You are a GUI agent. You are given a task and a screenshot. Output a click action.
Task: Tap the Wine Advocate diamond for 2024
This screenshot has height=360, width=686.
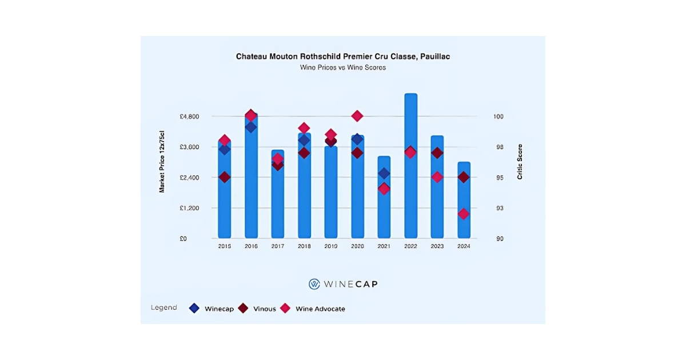(464, 214)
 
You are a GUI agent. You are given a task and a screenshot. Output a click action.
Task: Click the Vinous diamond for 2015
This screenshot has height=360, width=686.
(225, 177)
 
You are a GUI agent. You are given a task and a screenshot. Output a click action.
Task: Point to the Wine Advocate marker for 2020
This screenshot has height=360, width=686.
(357, 116)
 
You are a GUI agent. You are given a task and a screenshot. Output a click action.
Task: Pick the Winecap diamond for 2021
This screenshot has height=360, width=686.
(384, 173)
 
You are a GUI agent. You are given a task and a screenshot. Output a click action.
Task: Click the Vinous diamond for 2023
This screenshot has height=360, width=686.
(437, 153)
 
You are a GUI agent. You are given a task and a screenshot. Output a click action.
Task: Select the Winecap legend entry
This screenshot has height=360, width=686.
(212, 309)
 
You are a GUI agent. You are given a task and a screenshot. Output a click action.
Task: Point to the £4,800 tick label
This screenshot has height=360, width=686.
(189, 117)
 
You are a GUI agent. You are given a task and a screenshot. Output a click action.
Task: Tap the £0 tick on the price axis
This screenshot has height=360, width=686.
(183, 239)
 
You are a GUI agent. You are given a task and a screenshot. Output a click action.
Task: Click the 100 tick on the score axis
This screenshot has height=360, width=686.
(498, 117)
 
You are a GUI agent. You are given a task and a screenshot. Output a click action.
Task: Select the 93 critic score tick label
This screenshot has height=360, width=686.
(498, 208)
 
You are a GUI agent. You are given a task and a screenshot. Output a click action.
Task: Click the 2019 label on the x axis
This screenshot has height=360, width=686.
(331, 246)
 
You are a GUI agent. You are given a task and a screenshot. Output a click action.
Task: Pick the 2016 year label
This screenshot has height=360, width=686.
(251, 246)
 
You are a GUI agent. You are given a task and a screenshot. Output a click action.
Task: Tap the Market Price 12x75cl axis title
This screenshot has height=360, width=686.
(162, 161)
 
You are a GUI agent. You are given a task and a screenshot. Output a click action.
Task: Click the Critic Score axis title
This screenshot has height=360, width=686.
(520, 162)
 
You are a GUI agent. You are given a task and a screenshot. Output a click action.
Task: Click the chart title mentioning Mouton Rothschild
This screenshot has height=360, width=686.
(343, 57)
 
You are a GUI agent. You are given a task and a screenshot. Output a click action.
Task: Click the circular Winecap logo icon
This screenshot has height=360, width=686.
(314, 284)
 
